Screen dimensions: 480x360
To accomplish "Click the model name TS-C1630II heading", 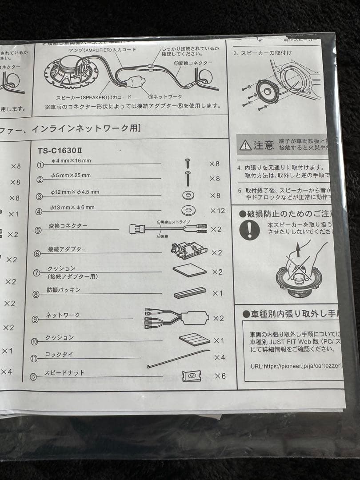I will coord(62,150).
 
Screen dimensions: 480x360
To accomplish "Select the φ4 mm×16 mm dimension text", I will coord(71,160).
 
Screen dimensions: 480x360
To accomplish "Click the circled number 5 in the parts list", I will coord(39,230).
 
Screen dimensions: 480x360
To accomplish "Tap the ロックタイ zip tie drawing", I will coord(178,358).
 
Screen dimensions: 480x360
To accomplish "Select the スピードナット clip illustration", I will coord(192,376).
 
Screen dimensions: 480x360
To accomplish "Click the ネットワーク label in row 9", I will coord(63,315).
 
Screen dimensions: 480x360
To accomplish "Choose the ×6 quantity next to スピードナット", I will coord(220,376).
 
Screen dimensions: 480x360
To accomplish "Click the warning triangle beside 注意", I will coord(245,145).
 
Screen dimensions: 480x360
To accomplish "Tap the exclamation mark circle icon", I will coord(250,230).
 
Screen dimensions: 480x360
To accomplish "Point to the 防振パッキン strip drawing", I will coord(190,293).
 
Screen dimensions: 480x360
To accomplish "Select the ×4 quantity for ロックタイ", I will coord(220,357).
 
